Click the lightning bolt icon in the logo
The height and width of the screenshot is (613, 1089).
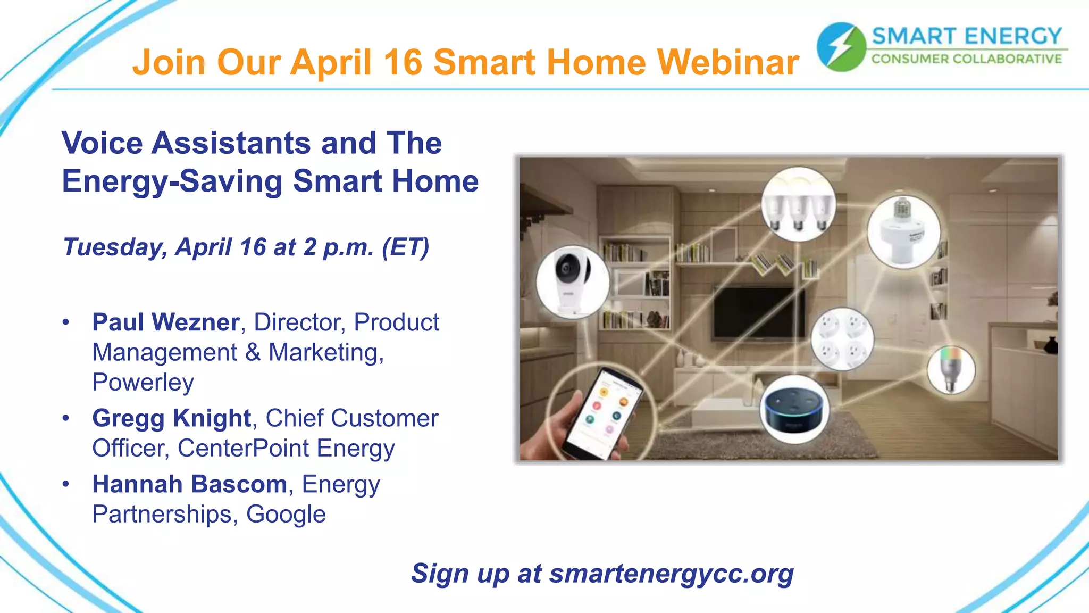tap(841, 47)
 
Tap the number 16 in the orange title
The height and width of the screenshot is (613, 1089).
tap(403, 63)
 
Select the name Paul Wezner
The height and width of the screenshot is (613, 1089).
tap(165, 322)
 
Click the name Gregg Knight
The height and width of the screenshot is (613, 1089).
tap(171, 418)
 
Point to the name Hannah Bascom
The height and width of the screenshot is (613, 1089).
tap(189, 484)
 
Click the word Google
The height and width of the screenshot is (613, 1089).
tap(286, 515)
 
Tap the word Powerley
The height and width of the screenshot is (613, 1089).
tap(143, 383)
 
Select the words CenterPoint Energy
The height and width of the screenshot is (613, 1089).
tap(286, 449)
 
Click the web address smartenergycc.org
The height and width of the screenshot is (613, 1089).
tap(671, 574)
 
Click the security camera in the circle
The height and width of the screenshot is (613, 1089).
tap(572, 281)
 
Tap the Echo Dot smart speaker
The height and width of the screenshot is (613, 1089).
tap(794, 409)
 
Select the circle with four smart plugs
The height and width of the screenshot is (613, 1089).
tap(842, 339)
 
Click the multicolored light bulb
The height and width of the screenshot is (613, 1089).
tap(951, 369)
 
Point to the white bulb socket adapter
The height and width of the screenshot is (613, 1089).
tap(903, 232)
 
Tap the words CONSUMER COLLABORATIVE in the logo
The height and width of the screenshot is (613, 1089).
tap(966, 59)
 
